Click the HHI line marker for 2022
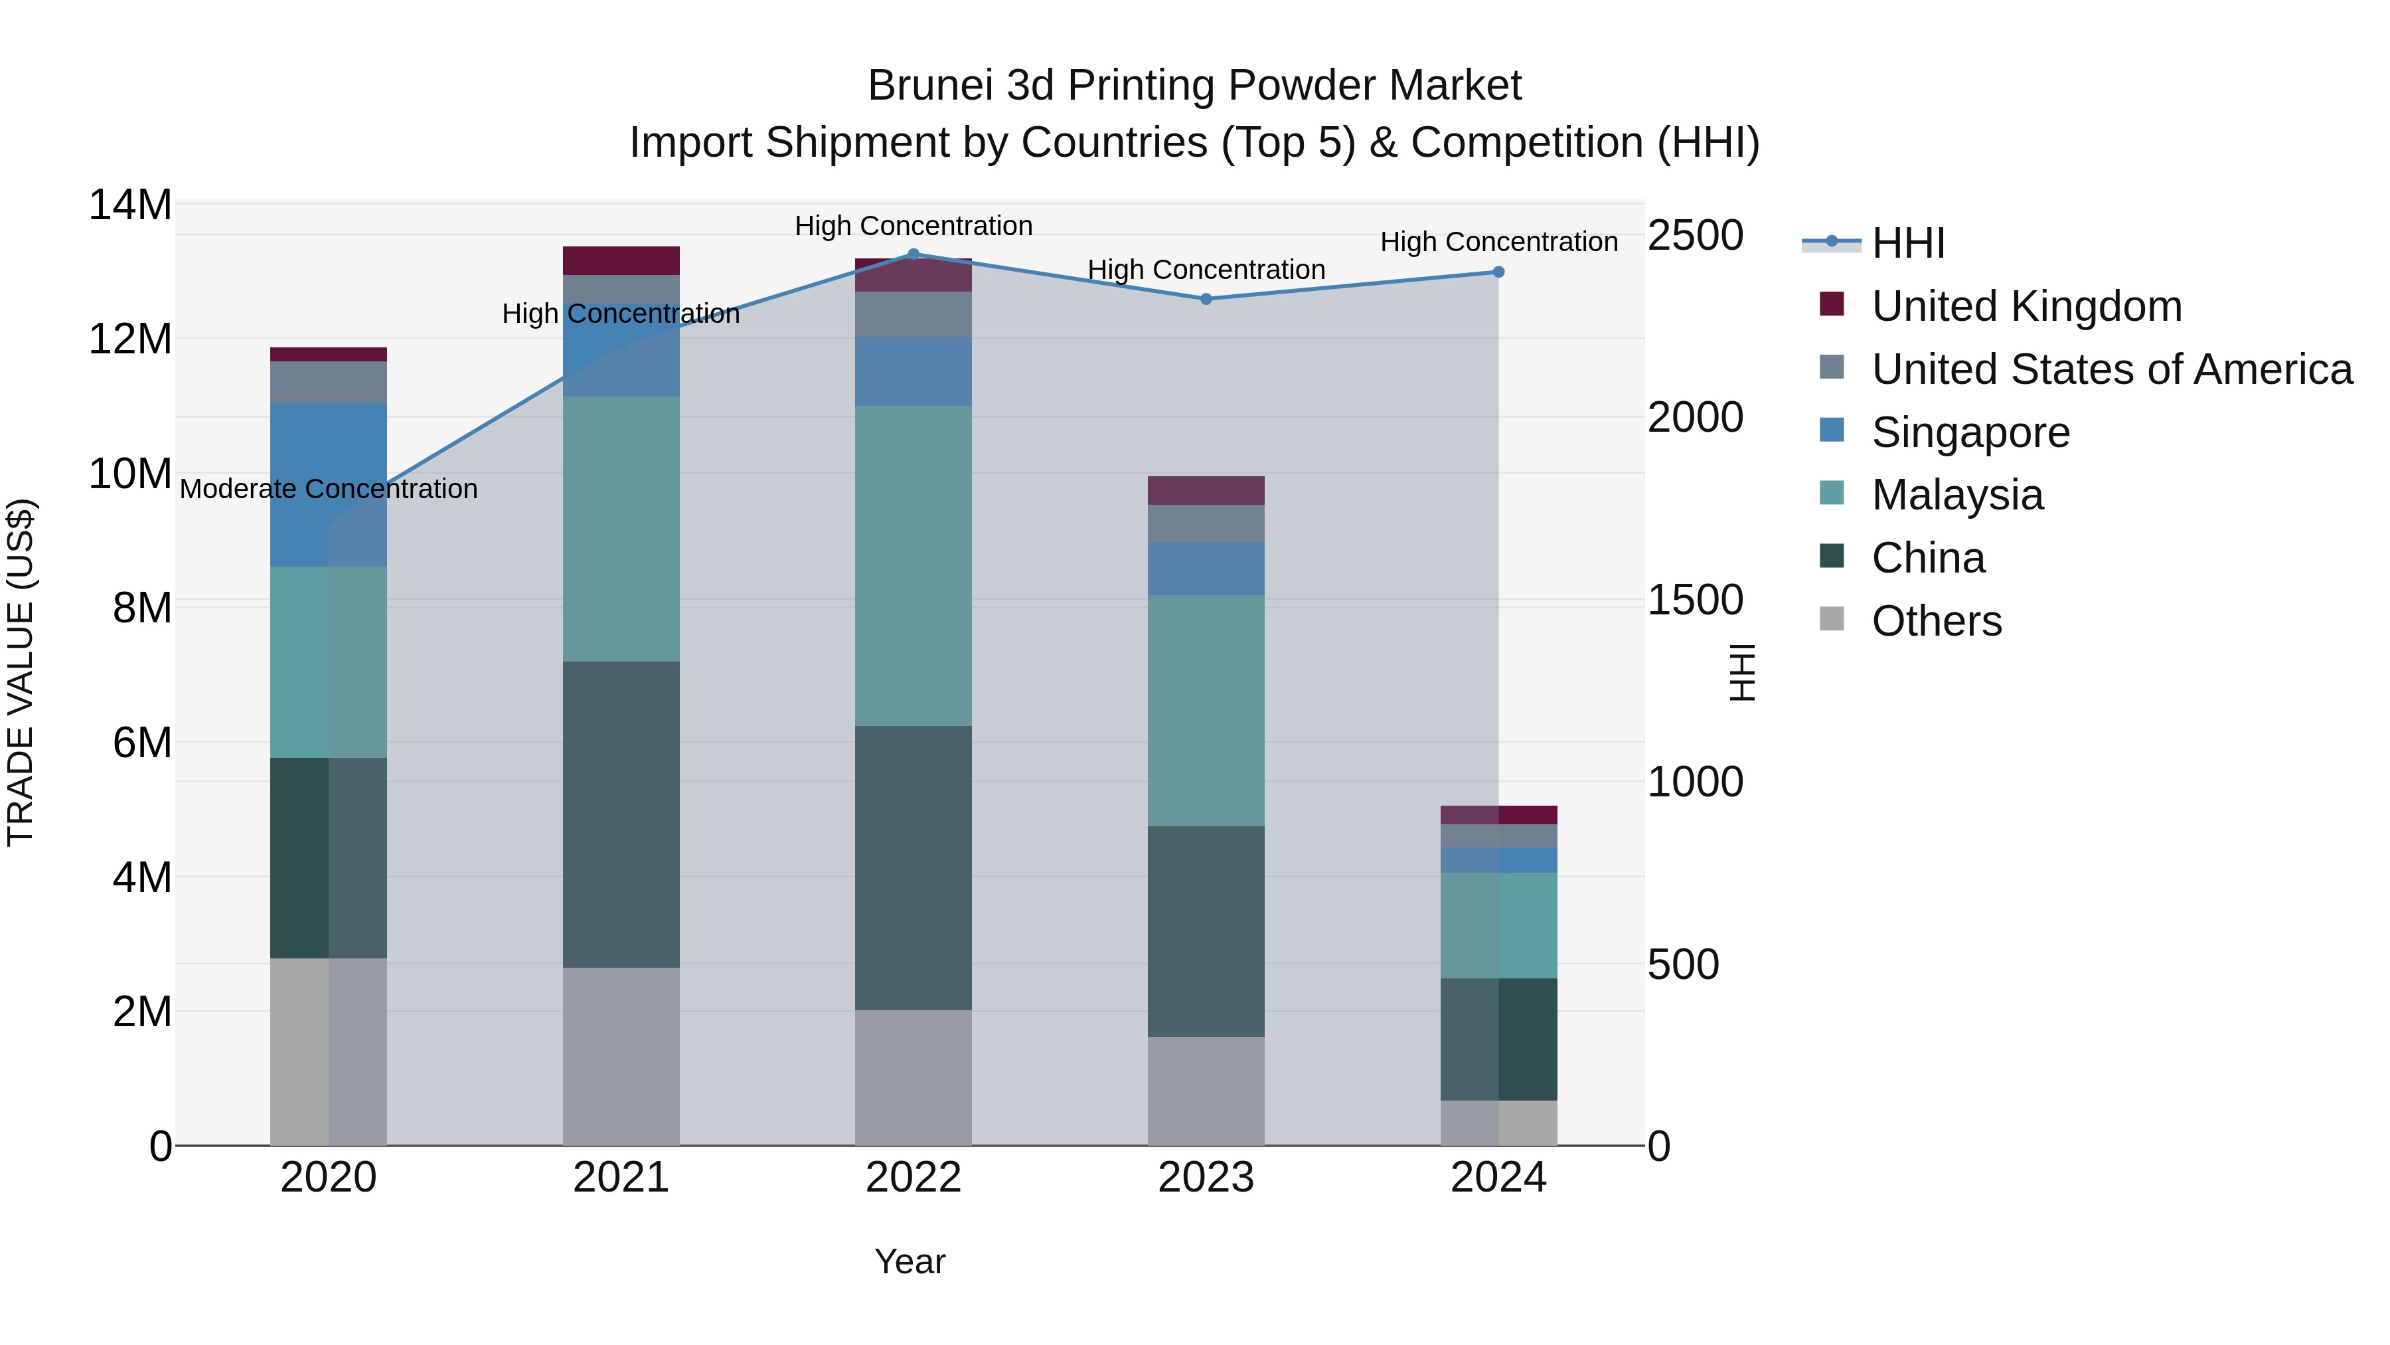pos(913,254)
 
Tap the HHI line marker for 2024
pos(1498,272)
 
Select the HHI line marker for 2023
pos(1206,299)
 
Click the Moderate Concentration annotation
pos(329,489)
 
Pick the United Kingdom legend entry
pos(2026,306)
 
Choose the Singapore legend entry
pos(1970,432)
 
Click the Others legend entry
pos(1937,621)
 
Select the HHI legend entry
pos(1907,243)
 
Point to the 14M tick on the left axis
pos(130,205)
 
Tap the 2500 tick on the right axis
pos(1695,236)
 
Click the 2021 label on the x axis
pos(621,1178)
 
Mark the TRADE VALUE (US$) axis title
pos(21,672)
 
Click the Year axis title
pos(910,1261)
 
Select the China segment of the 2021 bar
pos(621,814)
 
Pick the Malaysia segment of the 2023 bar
pos(1206,710)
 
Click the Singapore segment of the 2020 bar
pos(329,485)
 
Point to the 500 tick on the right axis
pos(1695,965)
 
